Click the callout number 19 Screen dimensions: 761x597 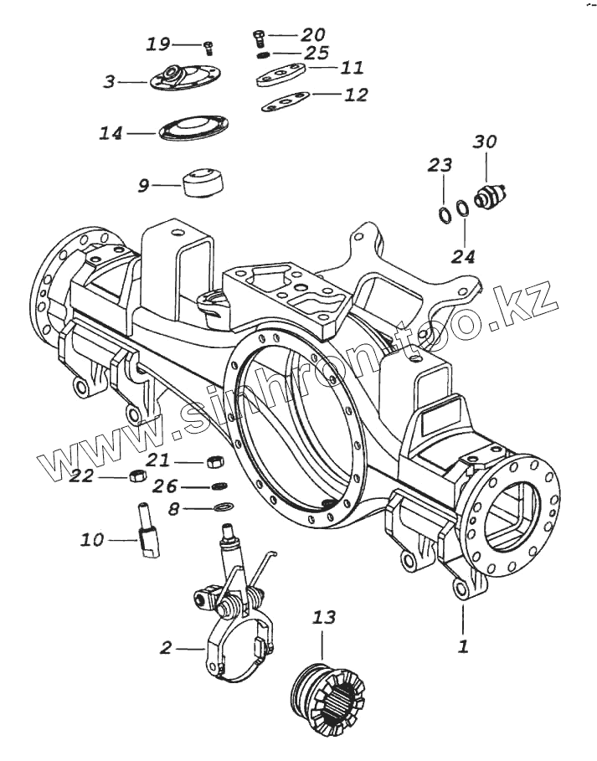[x=158, y=44]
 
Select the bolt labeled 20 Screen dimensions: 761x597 [x=258, y=35]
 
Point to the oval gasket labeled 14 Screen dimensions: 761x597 [x=192, y=131]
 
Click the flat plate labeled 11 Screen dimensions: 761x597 [x=282, y=76]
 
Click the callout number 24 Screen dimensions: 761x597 [x=463, y=255]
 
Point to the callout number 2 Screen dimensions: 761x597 [x=166, y=647]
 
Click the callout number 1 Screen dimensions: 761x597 [x=463, y=646]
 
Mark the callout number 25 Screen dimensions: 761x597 [x=317, y=54]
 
